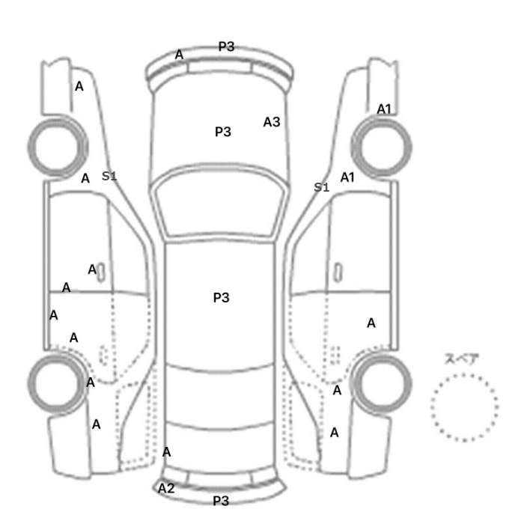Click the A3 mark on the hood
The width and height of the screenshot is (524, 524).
tap(272, 122)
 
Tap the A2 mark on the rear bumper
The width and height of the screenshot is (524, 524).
tap(166, 488)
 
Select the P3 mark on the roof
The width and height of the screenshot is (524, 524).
tap(222, 297)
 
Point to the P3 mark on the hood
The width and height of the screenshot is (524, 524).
tap(223, 132)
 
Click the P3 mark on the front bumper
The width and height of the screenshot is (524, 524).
tap(226, 46)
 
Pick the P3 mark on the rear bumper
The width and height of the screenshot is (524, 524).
tap(221, 501)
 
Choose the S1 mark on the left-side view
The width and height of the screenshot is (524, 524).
tap(109, 176)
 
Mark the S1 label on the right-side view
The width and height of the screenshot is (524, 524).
tap(321, 187)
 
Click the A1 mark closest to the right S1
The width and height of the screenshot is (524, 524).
tap(347, 177)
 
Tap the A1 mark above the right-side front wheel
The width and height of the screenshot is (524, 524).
tap(384, 109)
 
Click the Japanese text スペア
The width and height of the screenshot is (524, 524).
tap(462, 359)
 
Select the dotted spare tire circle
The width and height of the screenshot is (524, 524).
tap(431, 408)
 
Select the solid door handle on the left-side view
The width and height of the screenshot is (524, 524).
tap(101, 272)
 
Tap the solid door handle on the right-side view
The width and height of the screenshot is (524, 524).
tap(338, 272)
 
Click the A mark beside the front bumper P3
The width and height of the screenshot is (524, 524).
tap(179, 54)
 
